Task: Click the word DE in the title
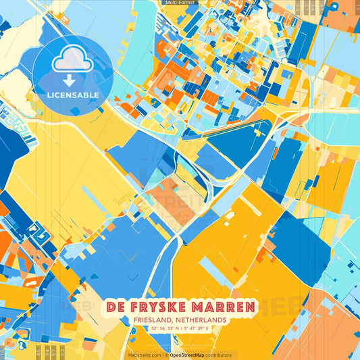[x=116, y=307]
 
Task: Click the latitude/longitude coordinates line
[x=180, y=329]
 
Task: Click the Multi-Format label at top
[x=179, y=3]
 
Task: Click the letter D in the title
[x=111, y=307]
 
